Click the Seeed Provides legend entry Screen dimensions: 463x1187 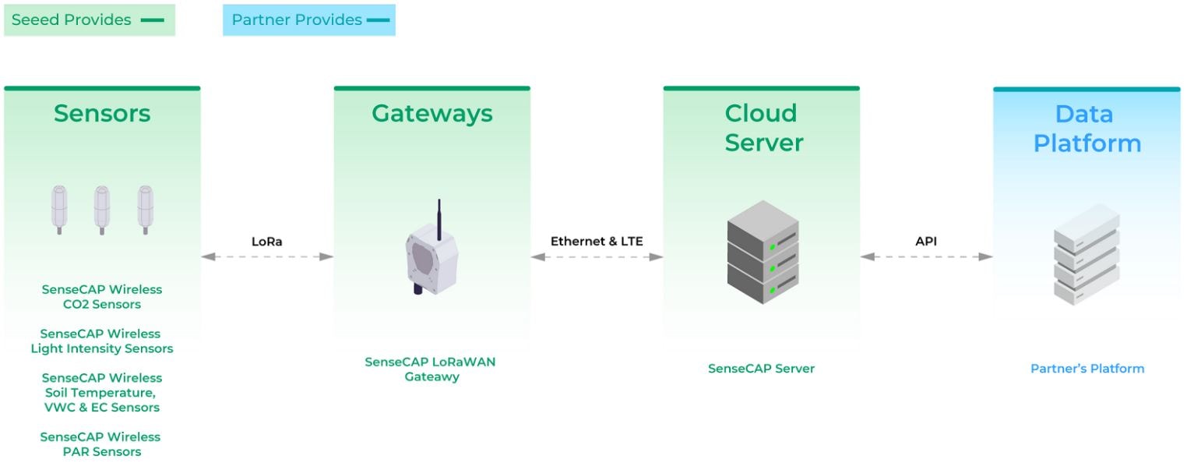coord(89,20)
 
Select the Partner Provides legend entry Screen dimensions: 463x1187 coord(309,20)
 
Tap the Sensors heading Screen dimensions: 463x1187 coord(102,114)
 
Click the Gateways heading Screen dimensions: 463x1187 coord(432,114)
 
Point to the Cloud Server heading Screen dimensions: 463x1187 coord(763,128)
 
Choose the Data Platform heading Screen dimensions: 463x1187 coord(1087,129)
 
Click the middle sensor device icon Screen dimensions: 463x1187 coord(101,209)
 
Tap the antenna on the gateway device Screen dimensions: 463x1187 coord(439,218)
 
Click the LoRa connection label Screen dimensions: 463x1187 coord(266,242)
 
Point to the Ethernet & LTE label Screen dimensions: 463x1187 coord(597,242)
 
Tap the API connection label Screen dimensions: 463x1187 coord(926,242)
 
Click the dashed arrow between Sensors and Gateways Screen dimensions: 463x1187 coord(266,256)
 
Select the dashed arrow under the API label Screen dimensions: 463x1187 coord(926,256)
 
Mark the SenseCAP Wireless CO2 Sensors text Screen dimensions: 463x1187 coord(102,297)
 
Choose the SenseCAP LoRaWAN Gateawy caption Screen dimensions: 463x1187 coord(431,369)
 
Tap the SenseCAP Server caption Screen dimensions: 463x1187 coord(761,369)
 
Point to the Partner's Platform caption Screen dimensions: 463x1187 coord(1087,369)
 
